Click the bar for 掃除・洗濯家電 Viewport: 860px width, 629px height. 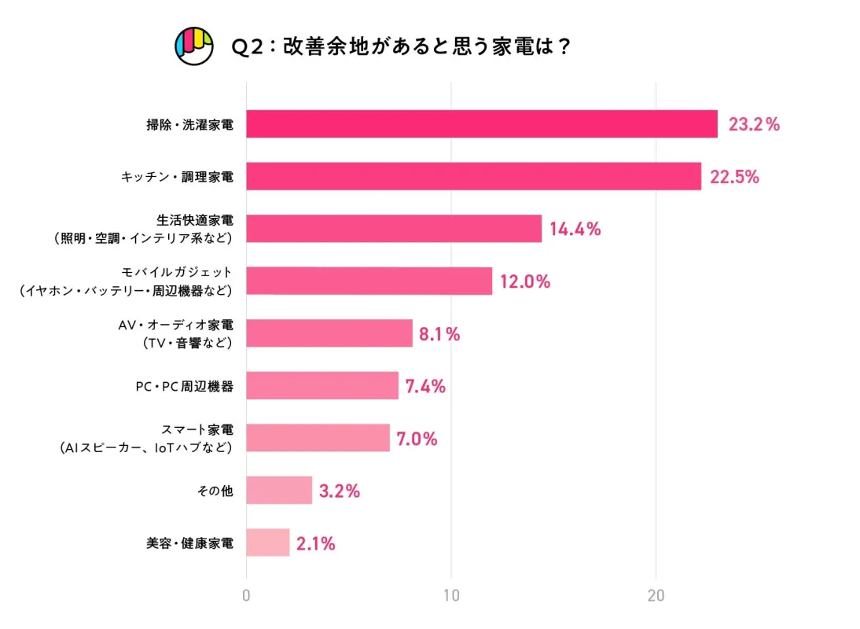481,124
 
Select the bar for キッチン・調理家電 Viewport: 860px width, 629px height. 473,176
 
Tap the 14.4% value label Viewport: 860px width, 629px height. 575,229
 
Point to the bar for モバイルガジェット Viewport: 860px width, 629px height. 369,281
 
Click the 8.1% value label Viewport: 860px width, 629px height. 439,333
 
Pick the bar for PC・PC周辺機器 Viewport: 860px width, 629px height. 322,386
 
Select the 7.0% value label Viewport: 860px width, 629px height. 417,439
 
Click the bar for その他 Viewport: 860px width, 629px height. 279,491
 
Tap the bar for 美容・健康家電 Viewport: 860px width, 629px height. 268,543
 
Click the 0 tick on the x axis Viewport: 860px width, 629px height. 247,596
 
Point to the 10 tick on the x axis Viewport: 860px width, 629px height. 451,596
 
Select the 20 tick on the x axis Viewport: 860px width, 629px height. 656,596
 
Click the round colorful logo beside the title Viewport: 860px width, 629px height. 194,46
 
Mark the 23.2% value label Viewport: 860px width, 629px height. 754,124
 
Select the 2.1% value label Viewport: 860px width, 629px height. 316,543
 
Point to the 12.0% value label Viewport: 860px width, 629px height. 525,281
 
